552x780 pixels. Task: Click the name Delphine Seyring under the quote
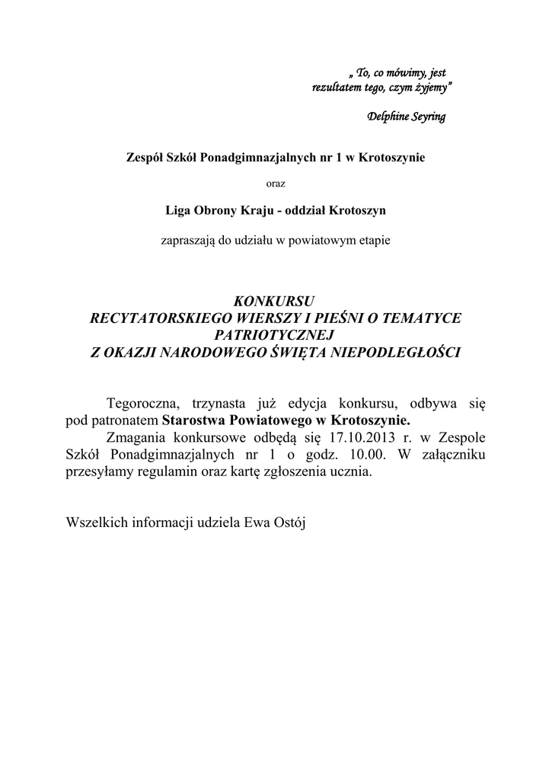[x=407, y=117]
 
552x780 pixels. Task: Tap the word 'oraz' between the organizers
[x=275, y=182]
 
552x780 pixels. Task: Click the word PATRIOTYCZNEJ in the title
[x=275, y=335]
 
